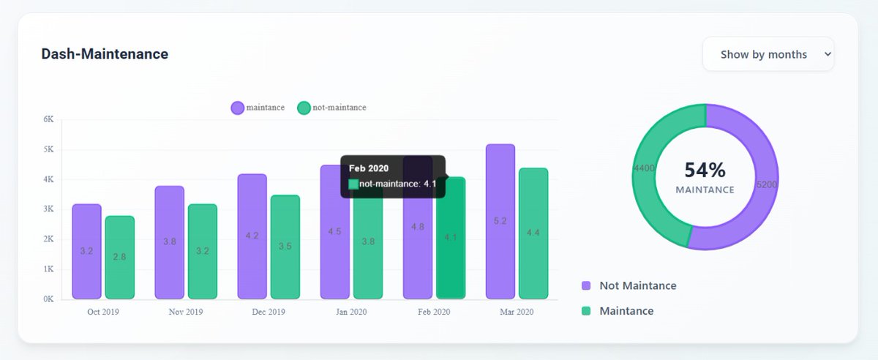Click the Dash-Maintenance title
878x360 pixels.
[x=105, y=54]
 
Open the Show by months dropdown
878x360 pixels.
[x=768, y=54]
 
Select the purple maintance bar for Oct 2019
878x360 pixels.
[x=86, y=251]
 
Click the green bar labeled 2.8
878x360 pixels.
[x=119, y=257]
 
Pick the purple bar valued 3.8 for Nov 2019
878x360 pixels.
[x=169, y=242]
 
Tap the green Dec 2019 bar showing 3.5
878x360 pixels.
[x=285, y=247]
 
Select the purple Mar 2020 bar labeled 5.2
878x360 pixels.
[x=500, y=221]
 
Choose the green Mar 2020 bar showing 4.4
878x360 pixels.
[x=533, y=233]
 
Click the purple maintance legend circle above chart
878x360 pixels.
[x=238, y=108]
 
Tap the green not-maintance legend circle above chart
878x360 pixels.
[x=304, y=108]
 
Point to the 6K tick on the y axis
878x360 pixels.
[x=48, y=119]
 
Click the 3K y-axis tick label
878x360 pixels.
[x=48, y=209]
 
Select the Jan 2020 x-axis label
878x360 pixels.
[x=350, y=312]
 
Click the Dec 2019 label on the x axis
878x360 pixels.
[x=268, y=312]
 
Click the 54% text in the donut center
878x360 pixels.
[x=705, y=170]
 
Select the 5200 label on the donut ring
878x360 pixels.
[x=766, y=185]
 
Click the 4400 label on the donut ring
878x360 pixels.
[x=643, y=168]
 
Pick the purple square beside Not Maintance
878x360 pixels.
[x=585, y=285]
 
